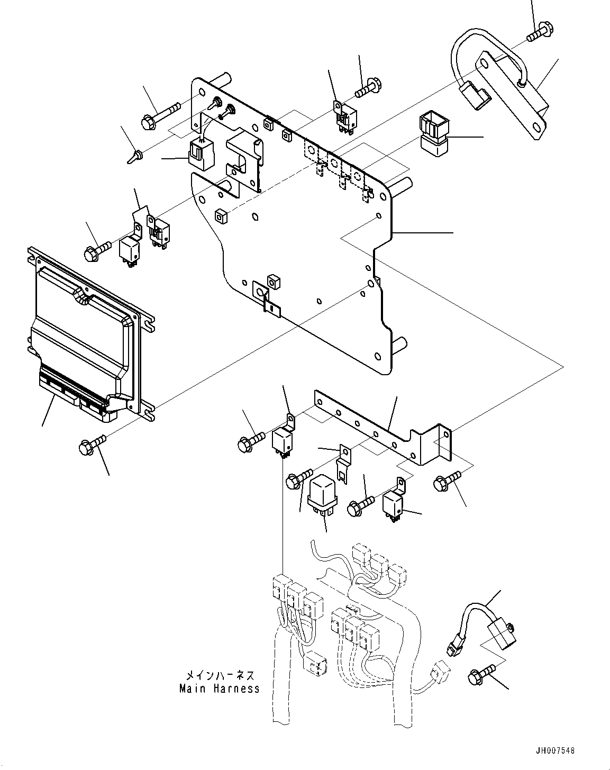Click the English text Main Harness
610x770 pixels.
click(x=220, y=689)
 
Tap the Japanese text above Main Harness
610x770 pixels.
click(x=220, y=676)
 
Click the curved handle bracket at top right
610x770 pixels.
click(x=500, y=85)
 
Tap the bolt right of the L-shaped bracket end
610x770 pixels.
click(x=446, y=483)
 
